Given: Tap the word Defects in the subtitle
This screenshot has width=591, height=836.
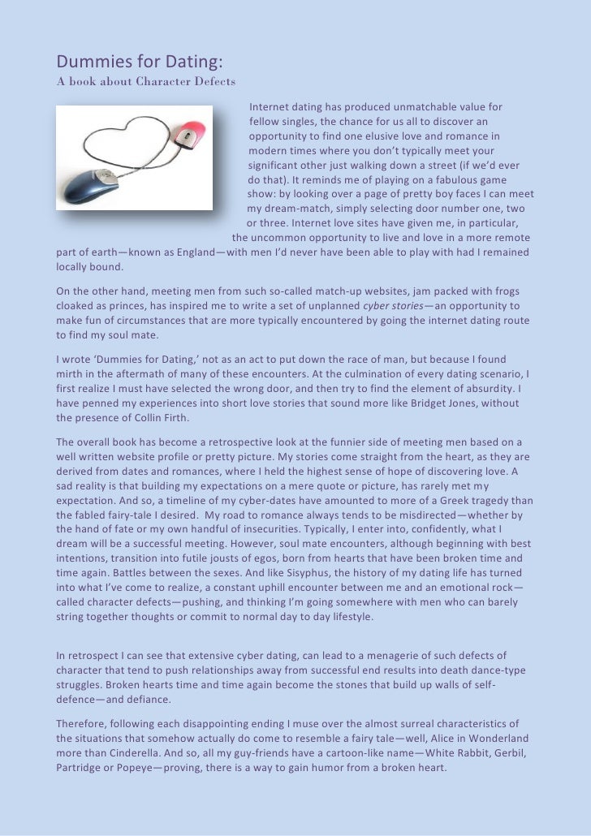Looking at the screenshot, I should point(209,81).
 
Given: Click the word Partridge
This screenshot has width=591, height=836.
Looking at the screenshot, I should point(80,767).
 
